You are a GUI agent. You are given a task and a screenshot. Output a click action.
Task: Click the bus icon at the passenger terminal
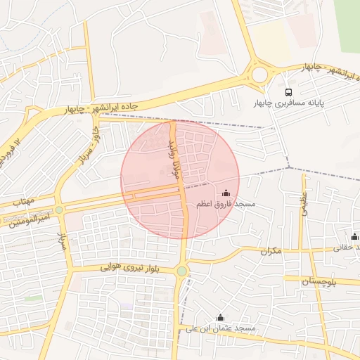click(x=288, y=92)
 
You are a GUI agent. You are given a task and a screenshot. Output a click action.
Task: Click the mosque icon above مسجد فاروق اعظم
click(x=226, y=193)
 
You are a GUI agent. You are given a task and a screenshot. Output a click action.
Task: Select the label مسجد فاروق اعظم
click(x=226, y=204)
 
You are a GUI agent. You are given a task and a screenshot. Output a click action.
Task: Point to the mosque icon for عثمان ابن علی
click(x=220, y=317)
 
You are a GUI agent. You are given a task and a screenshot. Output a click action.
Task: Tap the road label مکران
click(x=270, y=250)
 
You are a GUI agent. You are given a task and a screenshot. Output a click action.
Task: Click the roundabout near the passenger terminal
click(x=259, y=75)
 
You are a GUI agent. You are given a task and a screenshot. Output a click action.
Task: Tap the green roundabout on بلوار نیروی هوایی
click(x=182, y=271)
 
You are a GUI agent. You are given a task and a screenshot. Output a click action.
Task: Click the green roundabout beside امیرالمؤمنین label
click(x=60, y=210)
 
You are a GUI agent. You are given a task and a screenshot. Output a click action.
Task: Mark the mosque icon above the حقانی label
click(x=354, y=236)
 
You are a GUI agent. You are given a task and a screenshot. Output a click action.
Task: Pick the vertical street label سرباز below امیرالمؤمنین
click(x=61, y=243)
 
